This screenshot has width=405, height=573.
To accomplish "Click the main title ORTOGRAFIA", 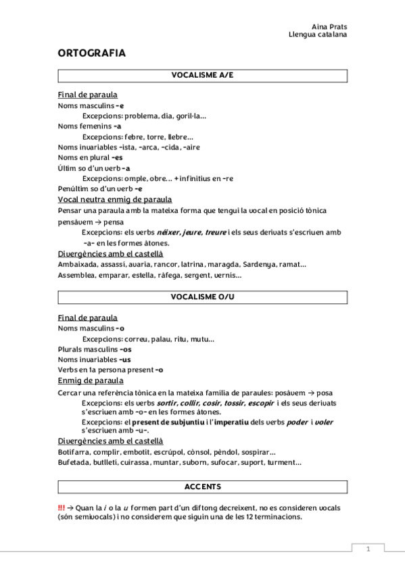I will [x=91, y=53].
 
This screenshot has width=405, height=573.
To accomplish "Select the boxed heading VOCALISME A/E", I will [x=202, y=76].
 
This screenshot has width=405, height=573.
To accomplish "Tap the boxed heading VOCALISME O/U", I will [x=202, y=297].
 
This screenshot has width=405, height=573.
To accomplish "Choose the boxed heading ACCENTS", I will [x=202, y=487].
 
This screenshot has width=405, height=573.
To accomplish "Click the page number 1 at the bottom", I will [x=368, y=549].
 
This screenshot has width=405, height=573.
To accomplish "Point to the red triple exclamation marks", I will [x=62, y=507].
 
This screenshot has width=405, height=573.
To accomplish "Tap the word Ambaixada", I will [x=77, y=264].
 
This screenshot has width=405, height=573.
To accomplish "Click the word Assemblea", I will [x=76, y=275].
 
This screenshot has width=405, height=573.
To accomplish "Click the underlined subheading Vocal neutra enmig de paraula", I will [x=114, y=199].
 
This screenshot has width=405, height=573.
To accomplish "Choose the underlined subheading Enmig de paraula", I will [x=90, y=380].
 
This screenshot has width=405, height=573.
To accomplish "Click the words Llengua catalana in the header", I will [x=318, y=34].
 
